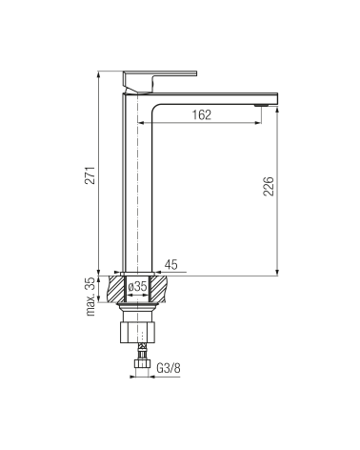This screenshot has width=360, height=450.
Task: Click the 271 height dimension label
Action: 90,175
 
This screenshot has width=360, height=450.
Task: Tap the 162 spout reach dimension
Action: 202,114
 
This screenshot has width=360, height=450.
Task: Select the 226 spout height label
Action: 269,186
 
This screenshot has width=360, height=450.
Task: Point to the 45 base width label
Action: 171,264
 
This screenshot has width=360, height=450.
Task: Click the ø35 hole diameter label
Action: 137,286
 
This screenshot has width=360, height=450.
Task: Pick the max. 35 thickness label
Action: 90,297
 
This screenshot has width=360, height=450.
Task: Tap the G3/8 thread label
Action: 169,368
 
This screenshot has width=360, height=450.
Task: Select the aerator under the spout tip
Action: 261,105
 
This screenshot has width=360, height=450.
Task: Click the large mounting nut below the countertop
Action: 138,333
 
